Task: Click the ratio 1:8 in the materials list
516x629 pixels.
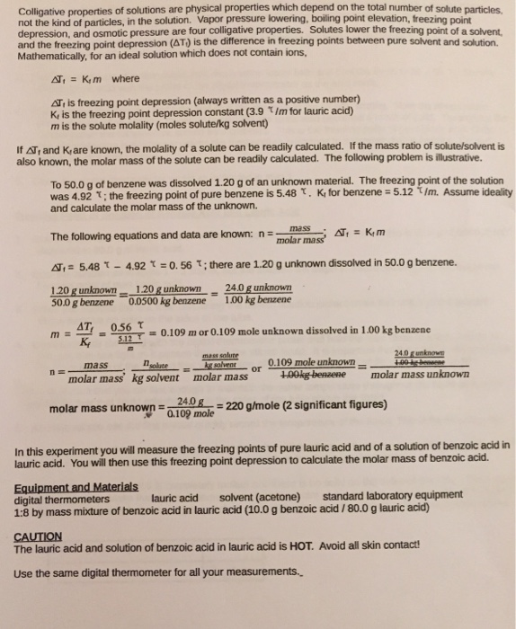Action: coord(24,509)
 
